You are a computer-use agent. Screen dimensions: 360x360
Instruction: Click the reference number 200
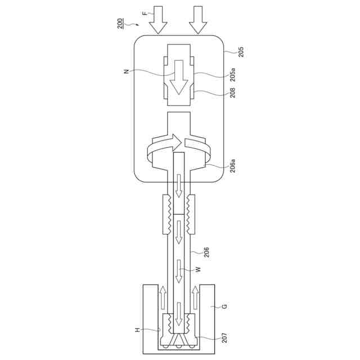120,24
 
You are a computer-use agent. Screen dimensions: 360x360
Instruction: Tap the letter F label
144,13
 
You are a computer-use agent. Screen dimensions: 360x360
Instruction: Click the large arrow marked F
158,20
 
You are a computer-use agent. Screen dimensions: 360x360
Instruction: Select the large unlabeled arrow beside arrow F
198,20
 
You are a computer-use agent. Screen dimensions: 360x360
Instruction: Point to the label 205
241,52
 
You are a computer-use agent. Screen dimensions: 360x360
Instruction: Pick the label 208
233,92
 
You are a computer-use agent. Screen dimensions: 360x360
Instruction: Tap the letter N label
126,71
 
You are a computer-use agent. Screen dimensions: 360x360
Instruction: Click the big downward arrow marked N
179,78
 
